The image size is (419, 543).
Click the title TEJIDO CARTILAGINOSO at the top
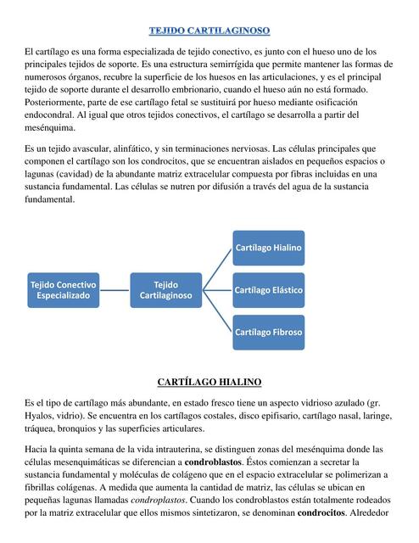209,31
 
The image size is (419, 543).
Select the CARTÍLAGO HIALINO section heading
209,383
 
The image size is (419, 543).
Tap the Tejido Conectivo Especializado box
64,289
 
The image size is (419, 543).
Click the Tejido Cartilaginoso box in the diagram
166,289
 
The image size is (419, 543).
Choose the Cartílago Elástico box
268,289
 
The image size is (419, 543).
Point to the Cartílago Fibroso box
268,332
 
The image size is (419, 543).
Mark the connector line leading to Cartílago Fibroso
217,313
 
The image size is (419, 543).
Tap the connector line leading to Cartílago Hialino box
217,268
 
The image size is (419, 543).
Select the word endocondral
52,114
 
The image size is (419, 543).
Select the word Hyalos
44,416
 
